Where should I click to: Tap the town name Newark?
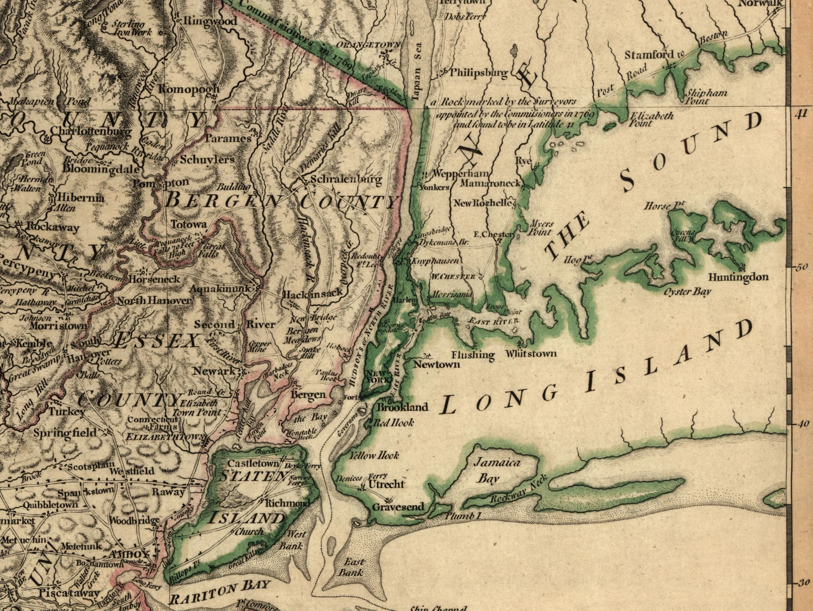pyautogui.click(x=214, y=371)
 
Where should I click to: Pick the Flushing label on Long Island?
pyautogui.click(x=473, y=355)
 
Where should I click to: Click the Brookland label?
pyautogui.click(x=403, y=407)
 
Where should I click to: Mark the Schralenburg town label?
pyautogui.click(x=346, y=179)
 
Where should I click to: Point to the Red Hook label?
pyautogui.click(x=394, y=423)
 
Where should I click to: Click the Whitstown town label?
pyautogui.click(x=531, y=353)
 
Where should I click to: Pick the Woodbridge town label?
pyautogui.click(x=134, y=520)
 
